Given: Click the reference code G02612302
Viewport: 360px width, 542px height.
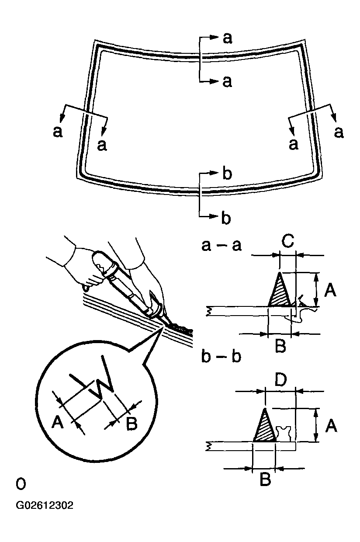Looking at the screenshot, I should (45, 506).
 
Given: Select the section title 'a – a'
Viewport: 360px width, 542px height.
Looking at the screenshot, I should (222, 245).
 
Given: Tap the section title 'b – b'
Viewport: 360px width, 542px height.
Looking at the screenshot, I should (222, 356).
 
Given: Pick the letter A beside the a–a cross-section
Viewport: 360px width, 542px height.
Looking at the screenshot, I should (330, 289).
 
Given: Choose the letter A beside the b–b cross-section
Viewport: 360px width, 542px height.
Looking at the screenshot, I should (331, 425).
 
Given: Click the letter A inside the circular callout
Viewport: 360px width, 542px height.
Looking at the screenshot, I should (58, 423).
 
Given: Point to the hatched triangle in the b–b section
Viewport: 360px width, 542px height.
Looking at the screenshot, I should (265, 428).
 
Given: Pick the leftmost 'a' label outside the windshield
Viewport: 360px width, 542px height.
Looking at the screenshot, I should (57, 131).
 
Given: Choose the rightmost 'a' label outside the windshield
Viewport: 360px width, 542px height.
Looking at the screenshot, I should (339, 131).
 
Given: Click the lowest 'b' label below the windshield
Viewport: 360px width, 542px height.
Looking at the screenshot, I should (226, 218).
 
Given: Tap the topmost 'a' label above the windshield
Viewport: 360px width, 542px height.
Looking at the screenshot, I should (227, 38).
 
